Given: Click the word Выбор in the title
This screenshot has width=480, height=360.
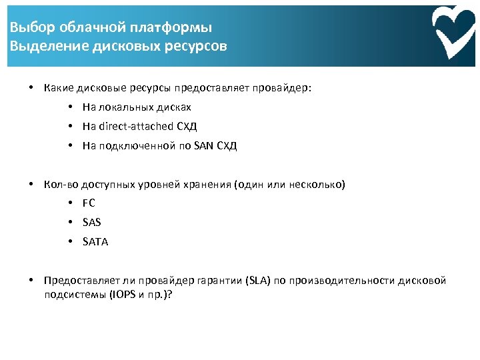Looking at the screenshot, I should click(28, 28).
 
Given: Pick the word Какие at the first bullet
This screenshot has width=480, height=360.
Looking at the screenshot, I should click(58, 88).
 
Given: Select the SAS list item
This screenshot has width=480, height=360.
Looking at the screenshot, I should click(91, 223).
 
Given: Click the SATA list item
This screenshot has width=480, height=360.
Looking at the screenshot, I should click(95, 242).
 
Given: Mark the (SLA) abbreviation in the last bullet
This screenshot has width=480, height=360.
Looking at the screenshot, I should click(259, 281).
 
